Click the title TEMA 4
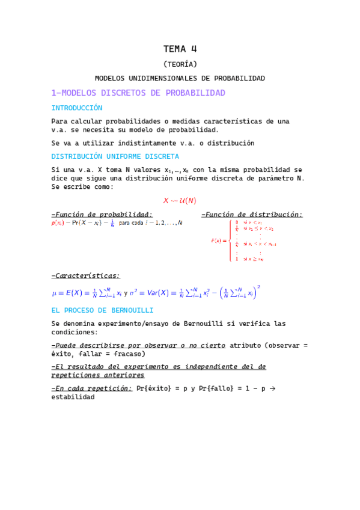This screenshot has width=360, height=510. tap(180, 49)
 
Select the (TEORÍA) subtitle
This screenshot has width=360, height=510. tap(180, 64)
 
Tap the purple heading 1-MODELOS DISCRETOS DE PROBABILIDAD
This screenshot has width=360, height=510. tap(138, 93)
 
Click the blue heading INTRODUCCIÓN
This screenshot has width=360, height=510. tap(77, 108)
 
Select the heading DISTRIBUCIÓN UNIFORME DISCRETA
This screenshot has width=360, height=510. tap(115, 156)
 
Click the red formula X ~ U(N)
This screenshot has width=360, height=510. tap(180, 200)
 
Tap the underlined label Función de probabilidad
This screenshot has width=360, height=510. tap(103, 214)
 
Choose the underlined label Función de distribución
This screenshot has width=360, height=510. tap(253, 214)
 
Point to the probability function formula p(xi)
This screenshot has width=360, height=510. tap(117, 223)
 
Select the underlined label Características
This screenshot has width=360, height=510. tap(87, 276)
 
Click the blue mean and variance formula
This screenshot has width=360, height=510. tap(156, 292)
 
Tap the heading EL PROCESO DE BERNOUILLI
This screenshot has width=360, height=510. tap(102, 310)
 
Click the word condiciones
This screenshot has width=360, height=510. tap(75, 332)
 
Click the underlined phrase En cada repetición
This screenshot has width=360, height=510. tap(93, 389)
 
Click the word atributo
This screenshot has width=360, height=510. tap(248, 345)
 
